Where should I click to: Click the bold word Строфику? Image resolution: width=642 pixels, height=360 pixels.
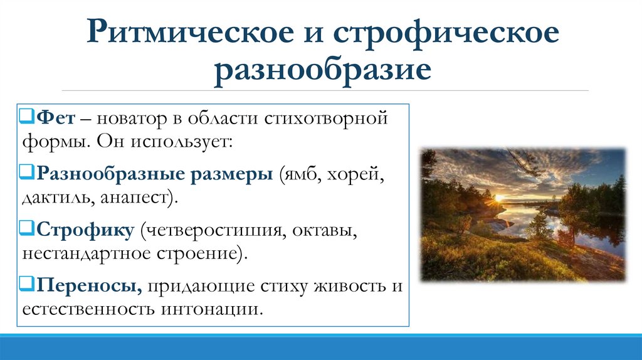[x=85, y=230]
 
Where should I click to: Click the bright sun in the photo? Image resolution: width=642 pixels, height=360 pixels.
[x=500, y=199]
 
